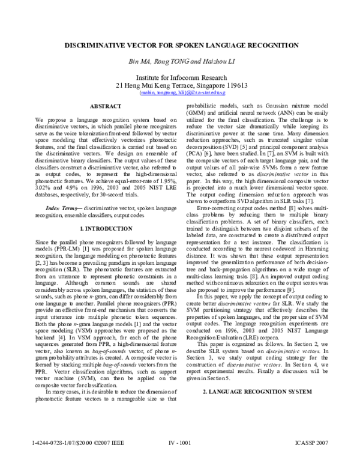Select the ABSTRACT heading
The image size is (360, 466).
click(x=106, y=106)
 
